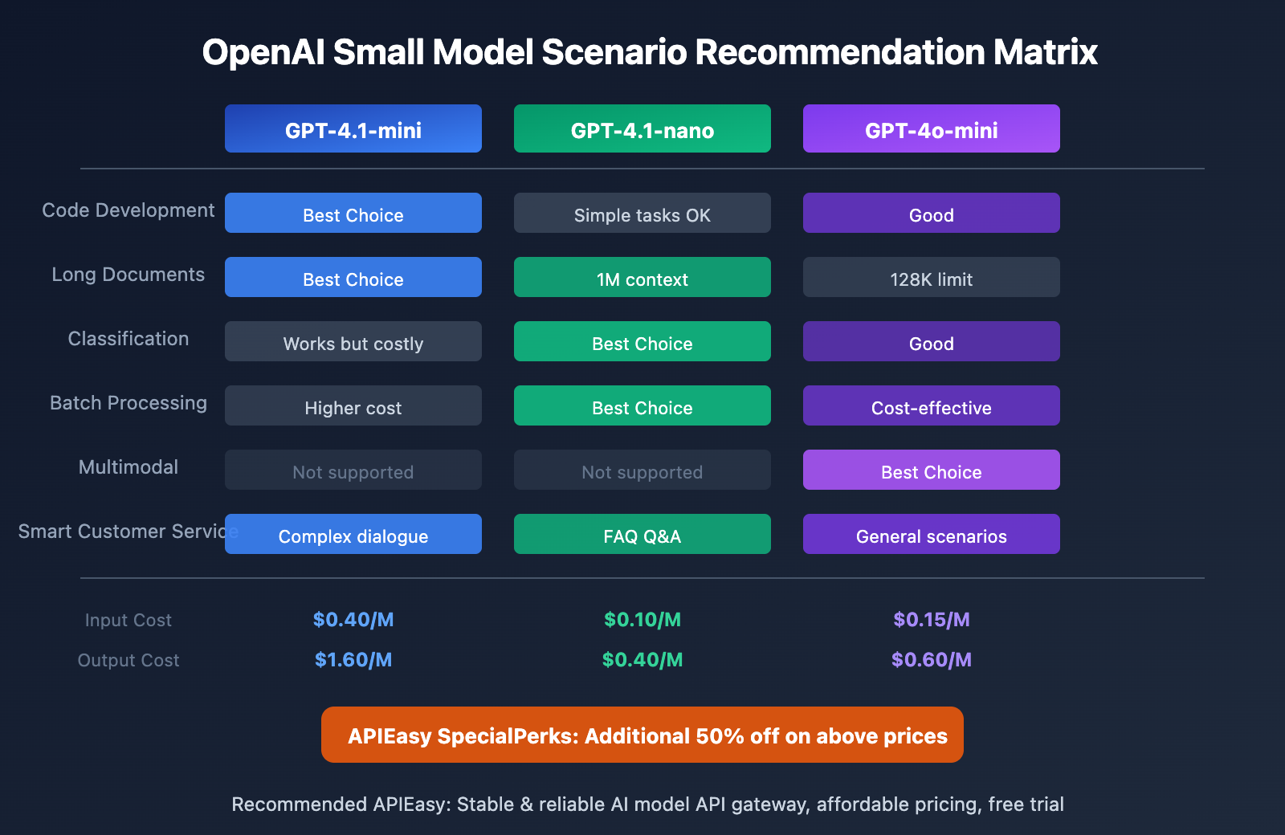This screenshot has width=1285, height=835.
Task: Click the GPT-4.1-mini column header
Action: point(353,128)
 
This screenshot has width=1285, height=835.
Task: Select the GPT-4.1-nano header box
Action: point(642,128)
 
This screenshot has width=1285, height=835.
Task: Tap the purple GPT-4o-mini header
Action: point(932,128)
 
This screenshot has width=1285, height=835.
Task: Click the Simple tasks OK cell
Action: point(642,214)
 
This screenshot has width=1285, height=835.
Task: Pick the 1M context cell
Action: point(642,278)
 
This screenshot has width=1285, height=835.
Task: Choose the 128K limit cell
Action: point(932,278)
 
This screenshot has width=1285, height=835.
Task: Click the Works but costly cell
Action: point(353,342)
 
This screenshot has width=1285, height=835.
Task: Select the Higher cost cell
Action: point(353,406)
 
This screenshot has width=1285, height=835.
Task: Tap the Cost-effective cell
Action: point(932,406)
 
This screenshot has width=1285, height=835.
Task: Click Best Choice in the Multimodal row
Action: point(932,470)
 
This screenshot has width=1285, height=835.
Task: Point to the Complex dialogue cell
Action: point(353,535)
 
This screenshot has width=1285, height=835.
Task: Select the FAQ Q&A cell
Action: point(642,535)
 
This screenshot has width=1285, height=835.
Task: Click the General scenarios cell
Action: point(932,535)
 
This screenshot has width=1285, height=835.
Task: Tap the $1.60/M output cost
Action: point(353,660)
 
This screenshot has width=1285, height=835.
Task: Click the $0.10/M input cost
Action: point(642,620)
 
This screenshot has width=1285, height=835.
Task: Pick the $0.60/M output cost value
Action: point(932,660)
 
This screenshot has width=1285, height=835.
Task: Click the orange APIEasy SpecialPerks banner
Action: point(642,735)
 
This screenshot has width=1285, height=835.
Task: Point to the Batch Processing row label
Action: point(128,403)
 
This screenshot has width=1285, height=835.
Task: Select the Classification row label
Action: point(128,339)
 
